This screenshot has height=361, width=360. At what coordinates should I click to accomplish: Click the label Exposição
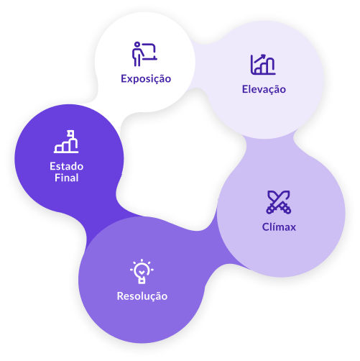[x=146, y=79]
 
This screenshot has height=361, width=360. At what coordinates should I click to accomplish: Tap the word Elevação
[x=264, y=90]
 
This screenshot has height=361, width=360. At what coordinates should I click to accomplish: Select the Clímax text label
[x=279, y=227]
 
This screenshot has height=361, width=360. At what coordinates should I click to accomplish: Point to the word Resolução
[x=142, y=296]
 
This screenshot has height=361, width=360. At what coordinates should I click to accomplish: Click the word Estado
[x=67, y=166]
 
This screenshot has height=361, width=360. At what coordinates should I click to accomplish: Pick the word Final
[x=67, y=178]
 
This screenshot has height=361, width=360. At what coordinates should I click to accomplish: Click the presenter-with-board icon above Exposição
[x=144, y=54]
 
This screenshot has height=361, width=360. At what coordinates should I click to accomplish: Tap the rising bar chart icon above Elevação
[x=263, y=65]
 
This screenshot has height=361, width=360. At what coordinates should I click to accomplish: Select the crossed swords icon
[x=279, y=202]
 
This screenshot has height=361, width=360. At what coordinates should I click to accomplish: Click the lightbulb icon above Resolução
[x=142, y=271]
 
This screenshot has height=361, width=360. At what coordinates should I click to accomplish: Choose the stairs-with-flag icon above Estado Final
[x=66, y=142]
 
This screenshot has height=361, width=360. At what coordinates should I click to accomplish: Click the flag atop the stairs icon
[x=71, y=133]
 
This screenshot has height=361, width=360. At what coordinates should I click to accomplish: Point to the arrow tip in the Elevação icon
[x=264, y=55]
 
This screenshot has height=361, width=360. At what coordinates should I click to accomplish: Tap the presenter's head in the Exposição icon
[x=137, y=45]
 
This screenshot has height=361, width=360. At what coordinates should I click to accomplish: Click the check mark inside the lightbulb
[x=142, y=272]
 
